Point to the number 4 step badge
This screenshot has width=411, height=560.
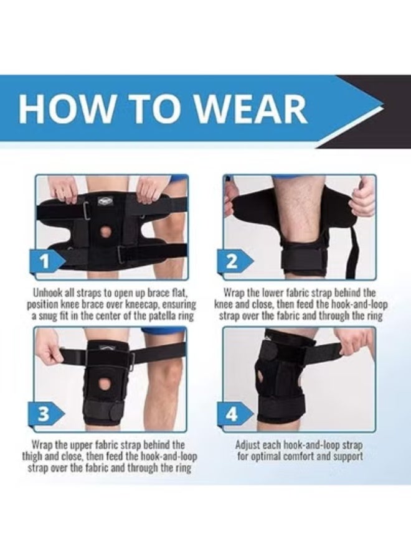pos(232,413)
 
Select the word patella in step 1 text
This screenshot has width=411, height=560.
pos(156,317)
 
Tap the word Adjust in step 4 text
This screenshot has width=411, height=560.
pos(249,445)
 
